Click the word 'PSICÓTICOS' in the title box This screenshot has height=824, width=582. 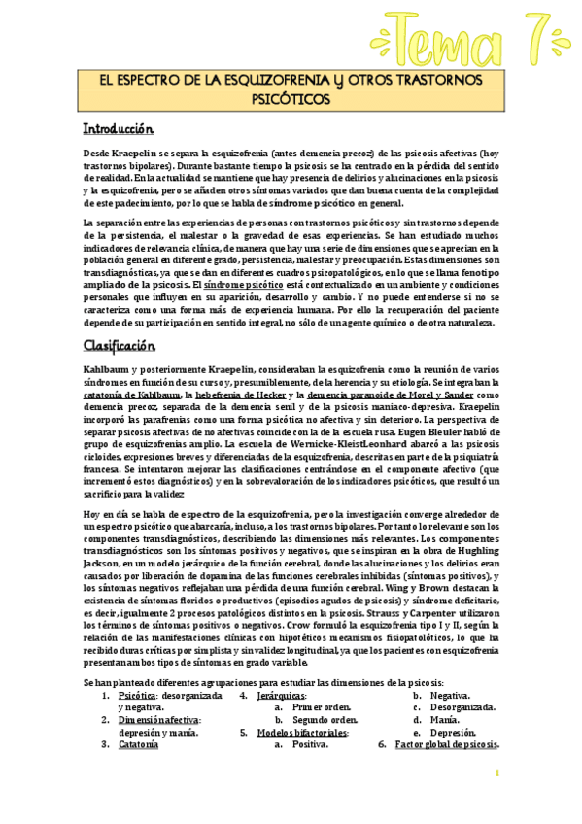pyautogui.click(x=291, y=98)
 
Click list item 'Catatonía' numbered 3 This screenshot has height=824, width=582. pyautogui.click(x=138, y=745)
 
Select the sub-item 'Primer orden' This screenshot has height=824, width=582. pyautogui.click(x=320, y=707)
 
